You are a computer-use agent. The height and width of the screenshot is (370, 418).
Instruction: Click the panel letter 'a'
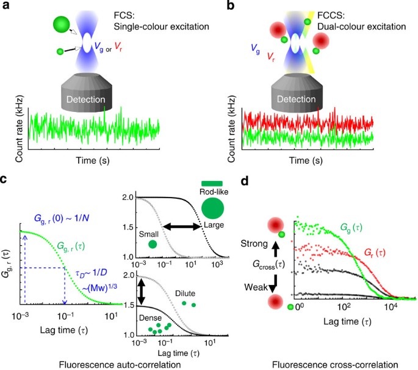(5, 6)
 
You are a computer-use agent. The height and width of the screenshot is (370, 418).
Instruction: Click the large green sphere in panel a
(62, 25)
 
